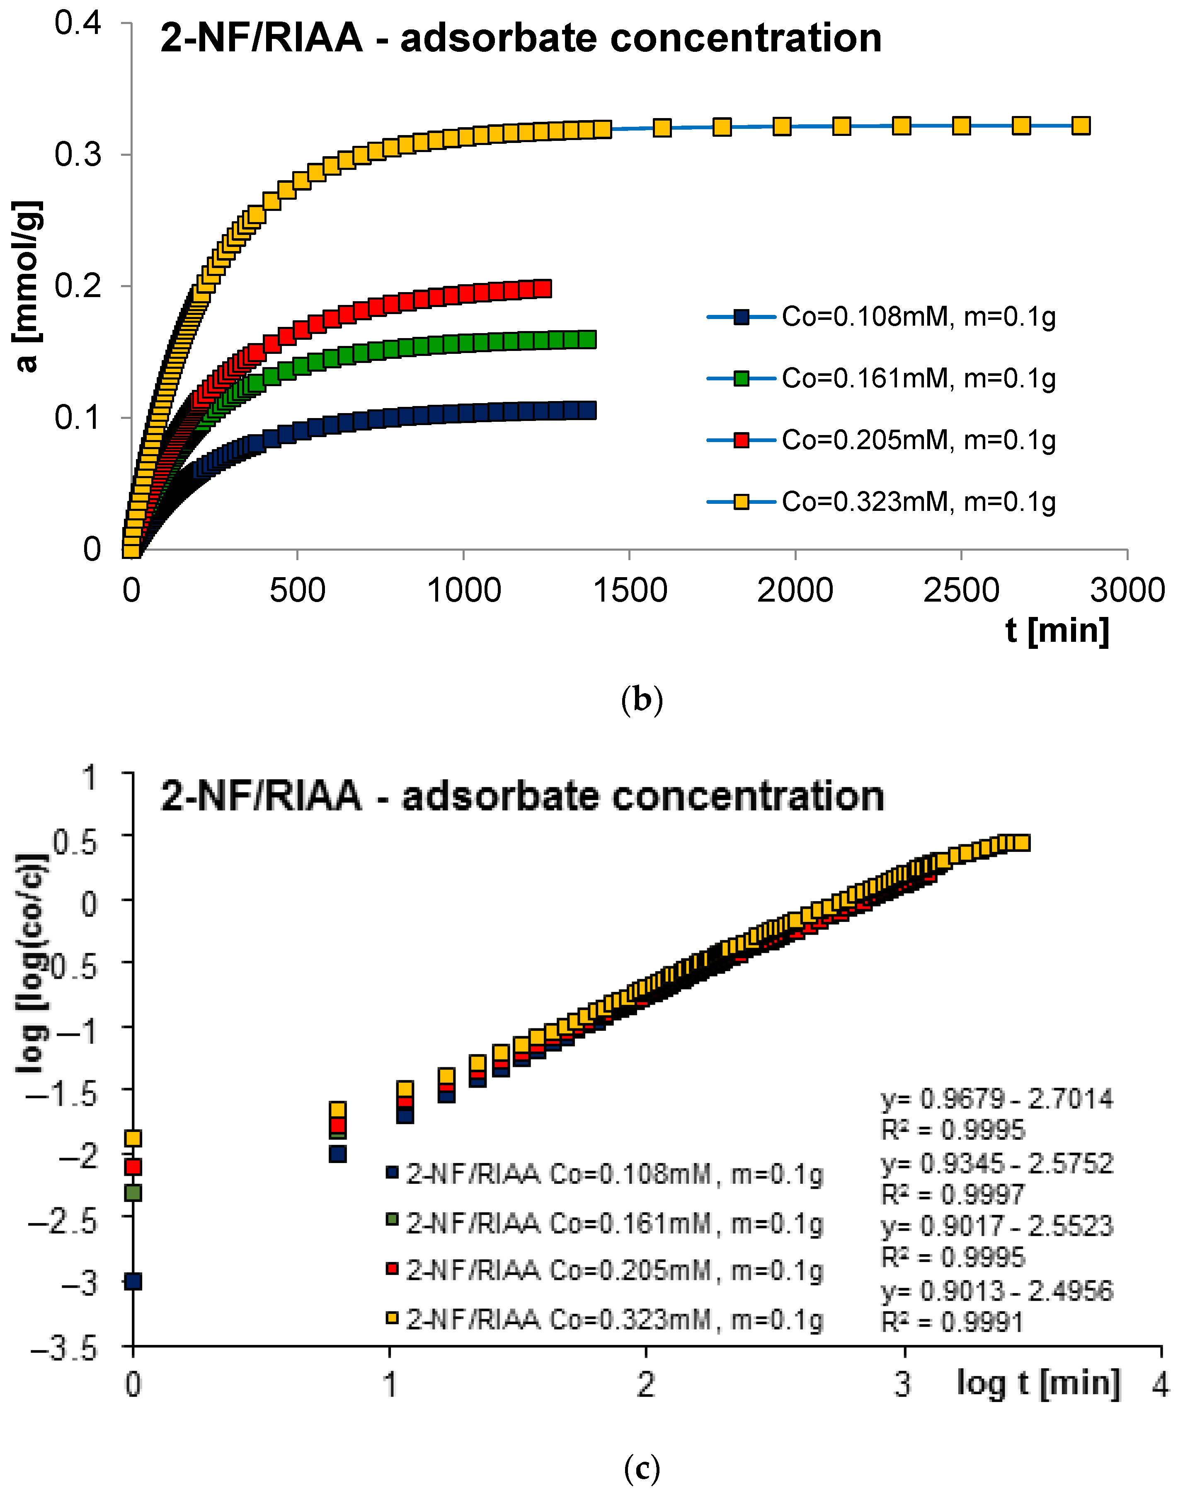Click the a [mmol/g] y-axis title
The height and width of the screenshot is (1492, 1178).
(28, 286)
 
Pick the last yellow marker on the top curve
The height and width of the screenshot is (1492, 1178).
(1081, 126)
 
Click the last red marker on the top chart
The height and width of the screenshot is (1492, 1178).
(543, 288)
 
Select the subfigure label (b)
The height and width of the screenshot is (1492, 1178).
(641, 700)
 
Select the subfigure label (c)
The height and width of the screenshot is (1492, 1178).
(641, 1468)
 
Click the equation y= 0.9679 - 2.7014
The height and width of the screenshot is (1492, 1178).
(996, 1098)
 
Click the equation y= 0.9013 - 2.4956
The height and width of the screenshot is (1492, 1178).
(996, 1290)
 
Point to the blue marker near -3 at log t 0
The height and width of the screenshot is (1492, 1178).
(133, 1281)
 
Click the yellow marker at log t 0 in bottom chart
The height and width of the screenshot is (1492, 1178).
(133, 1138)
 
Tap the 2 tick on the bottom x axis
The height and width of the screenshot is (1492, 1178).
(645, 1384)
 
